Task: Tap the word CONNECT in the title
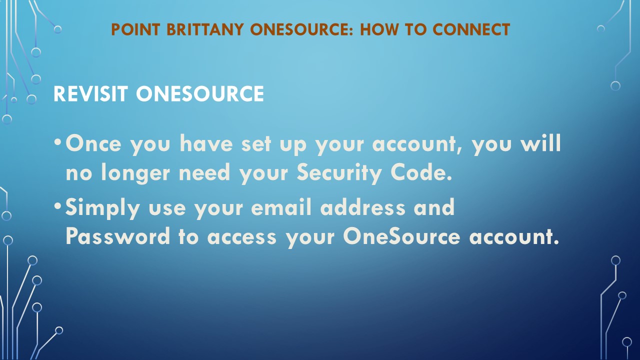tap(471, 29)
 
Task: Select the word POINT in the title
tap(135, 29)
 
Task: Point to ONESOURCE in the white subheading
tap(200, 93)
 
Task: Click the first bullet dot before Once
tap(57, 141)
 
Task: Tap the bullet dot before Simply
tap(57, 205)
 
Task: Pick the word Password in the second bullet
tap(117, 236)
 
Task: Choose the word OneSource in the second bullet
tap(401, 236)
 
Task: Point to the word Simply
tap(102, 208)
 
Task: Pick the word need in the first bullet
tap(204, 172)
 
